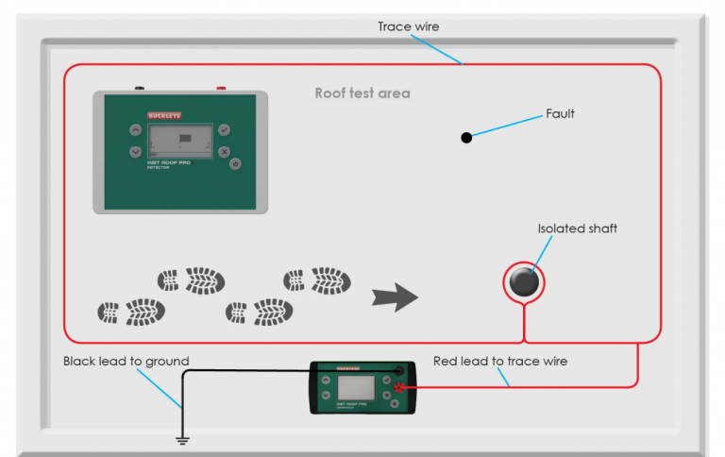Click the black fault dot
click(466, 138)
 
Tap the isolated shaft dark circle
click(524, 281)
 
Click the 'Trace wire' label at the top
click(409, 26)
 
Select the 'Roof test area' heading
click(362, 94)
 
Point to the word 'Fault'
click(560, 113)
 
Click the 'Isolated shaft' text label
click(578, 228)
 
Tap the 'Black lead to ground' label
click(126, 361)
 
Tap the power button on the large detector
click(235, 163)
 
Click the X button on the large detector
click(224, 151)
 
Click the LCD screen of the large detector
click(179, 143)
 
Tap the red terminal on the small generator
click(401, 387)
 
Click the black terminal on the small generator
click(400, 371)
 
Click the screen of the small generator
click(356, 389)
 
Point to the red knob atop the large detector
click(221, 88)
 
